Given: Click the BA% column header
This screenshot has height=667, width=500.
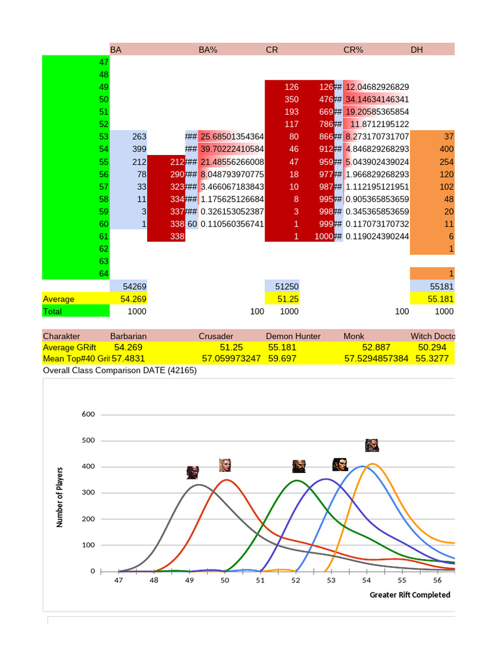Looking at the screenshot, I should point(208,50).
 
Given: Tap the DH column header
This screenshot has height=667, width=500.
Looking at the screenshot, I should point(417,50).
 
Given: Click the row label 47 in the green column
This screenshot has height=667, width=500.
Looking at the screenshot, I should point(104,62).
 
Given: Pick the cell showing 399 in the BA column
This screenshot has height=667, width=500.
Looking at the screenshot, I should point(139,149).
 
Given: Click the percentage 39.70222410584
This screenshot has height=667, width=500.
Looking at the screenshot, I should point(232,149).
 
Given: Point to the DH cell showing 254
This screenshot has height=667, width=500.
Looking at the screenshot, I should point(445,162).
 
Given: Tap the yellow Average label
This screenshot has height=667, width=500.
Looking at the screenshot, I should point(59,299).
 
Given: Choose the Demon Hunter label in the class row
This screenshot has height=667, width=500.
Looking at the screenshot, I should point(293,336).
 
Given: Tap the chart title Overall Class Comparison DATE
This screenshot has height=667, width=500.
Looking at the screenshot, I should point(119,371).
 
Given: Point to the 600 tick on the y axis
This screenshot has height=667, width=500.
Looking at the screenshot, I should point(89,414).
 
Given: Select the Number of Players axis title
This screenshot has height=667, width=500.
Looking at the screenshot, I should point(60,497).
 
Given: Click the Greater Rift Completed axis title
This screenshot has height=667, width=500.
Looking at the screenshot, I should point(410,595).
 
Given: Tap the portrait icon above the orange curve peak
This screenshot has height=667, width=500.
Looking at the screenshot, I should point(372,446).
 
